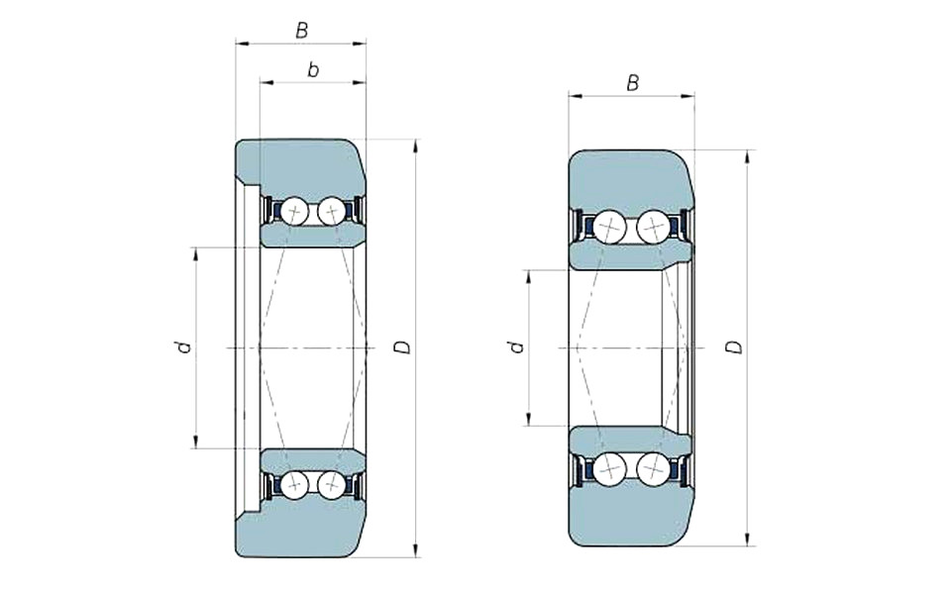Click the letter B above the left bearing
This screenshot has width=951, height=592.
[x=301, y=31]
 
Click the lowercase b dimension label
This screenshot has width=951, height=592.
[x=313, y=70]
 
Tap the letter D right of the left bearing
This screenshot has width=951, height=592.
[x=403, y=347]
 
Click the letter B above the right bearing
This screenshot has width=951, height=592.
[x=633, y=83]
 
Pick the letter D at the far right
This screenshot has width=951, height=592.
[x=734, y=347]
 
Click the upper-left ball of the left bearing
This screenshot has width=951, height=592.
[x=294, y=212]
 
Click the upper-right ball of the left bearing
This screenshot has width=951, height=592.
[x=331, y=212]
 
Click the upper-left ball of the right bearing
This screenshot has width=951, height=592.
[x=609, y=228]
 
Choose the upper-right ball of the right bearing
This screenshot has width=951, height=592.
[x=653, y=228]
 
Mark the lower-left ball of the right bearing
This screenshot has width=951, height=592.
[x=609, y=468]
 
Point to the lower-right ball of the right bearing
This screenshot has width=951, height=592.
[x=653, y=468]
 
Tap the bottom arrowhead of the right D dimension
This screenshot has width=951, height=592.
[x=748, y=539]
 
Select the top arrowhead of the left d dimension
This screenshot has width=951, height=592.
[x=195, y=254]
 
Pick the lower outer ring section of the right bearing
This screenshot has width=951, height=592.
[x=631, y=515]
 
